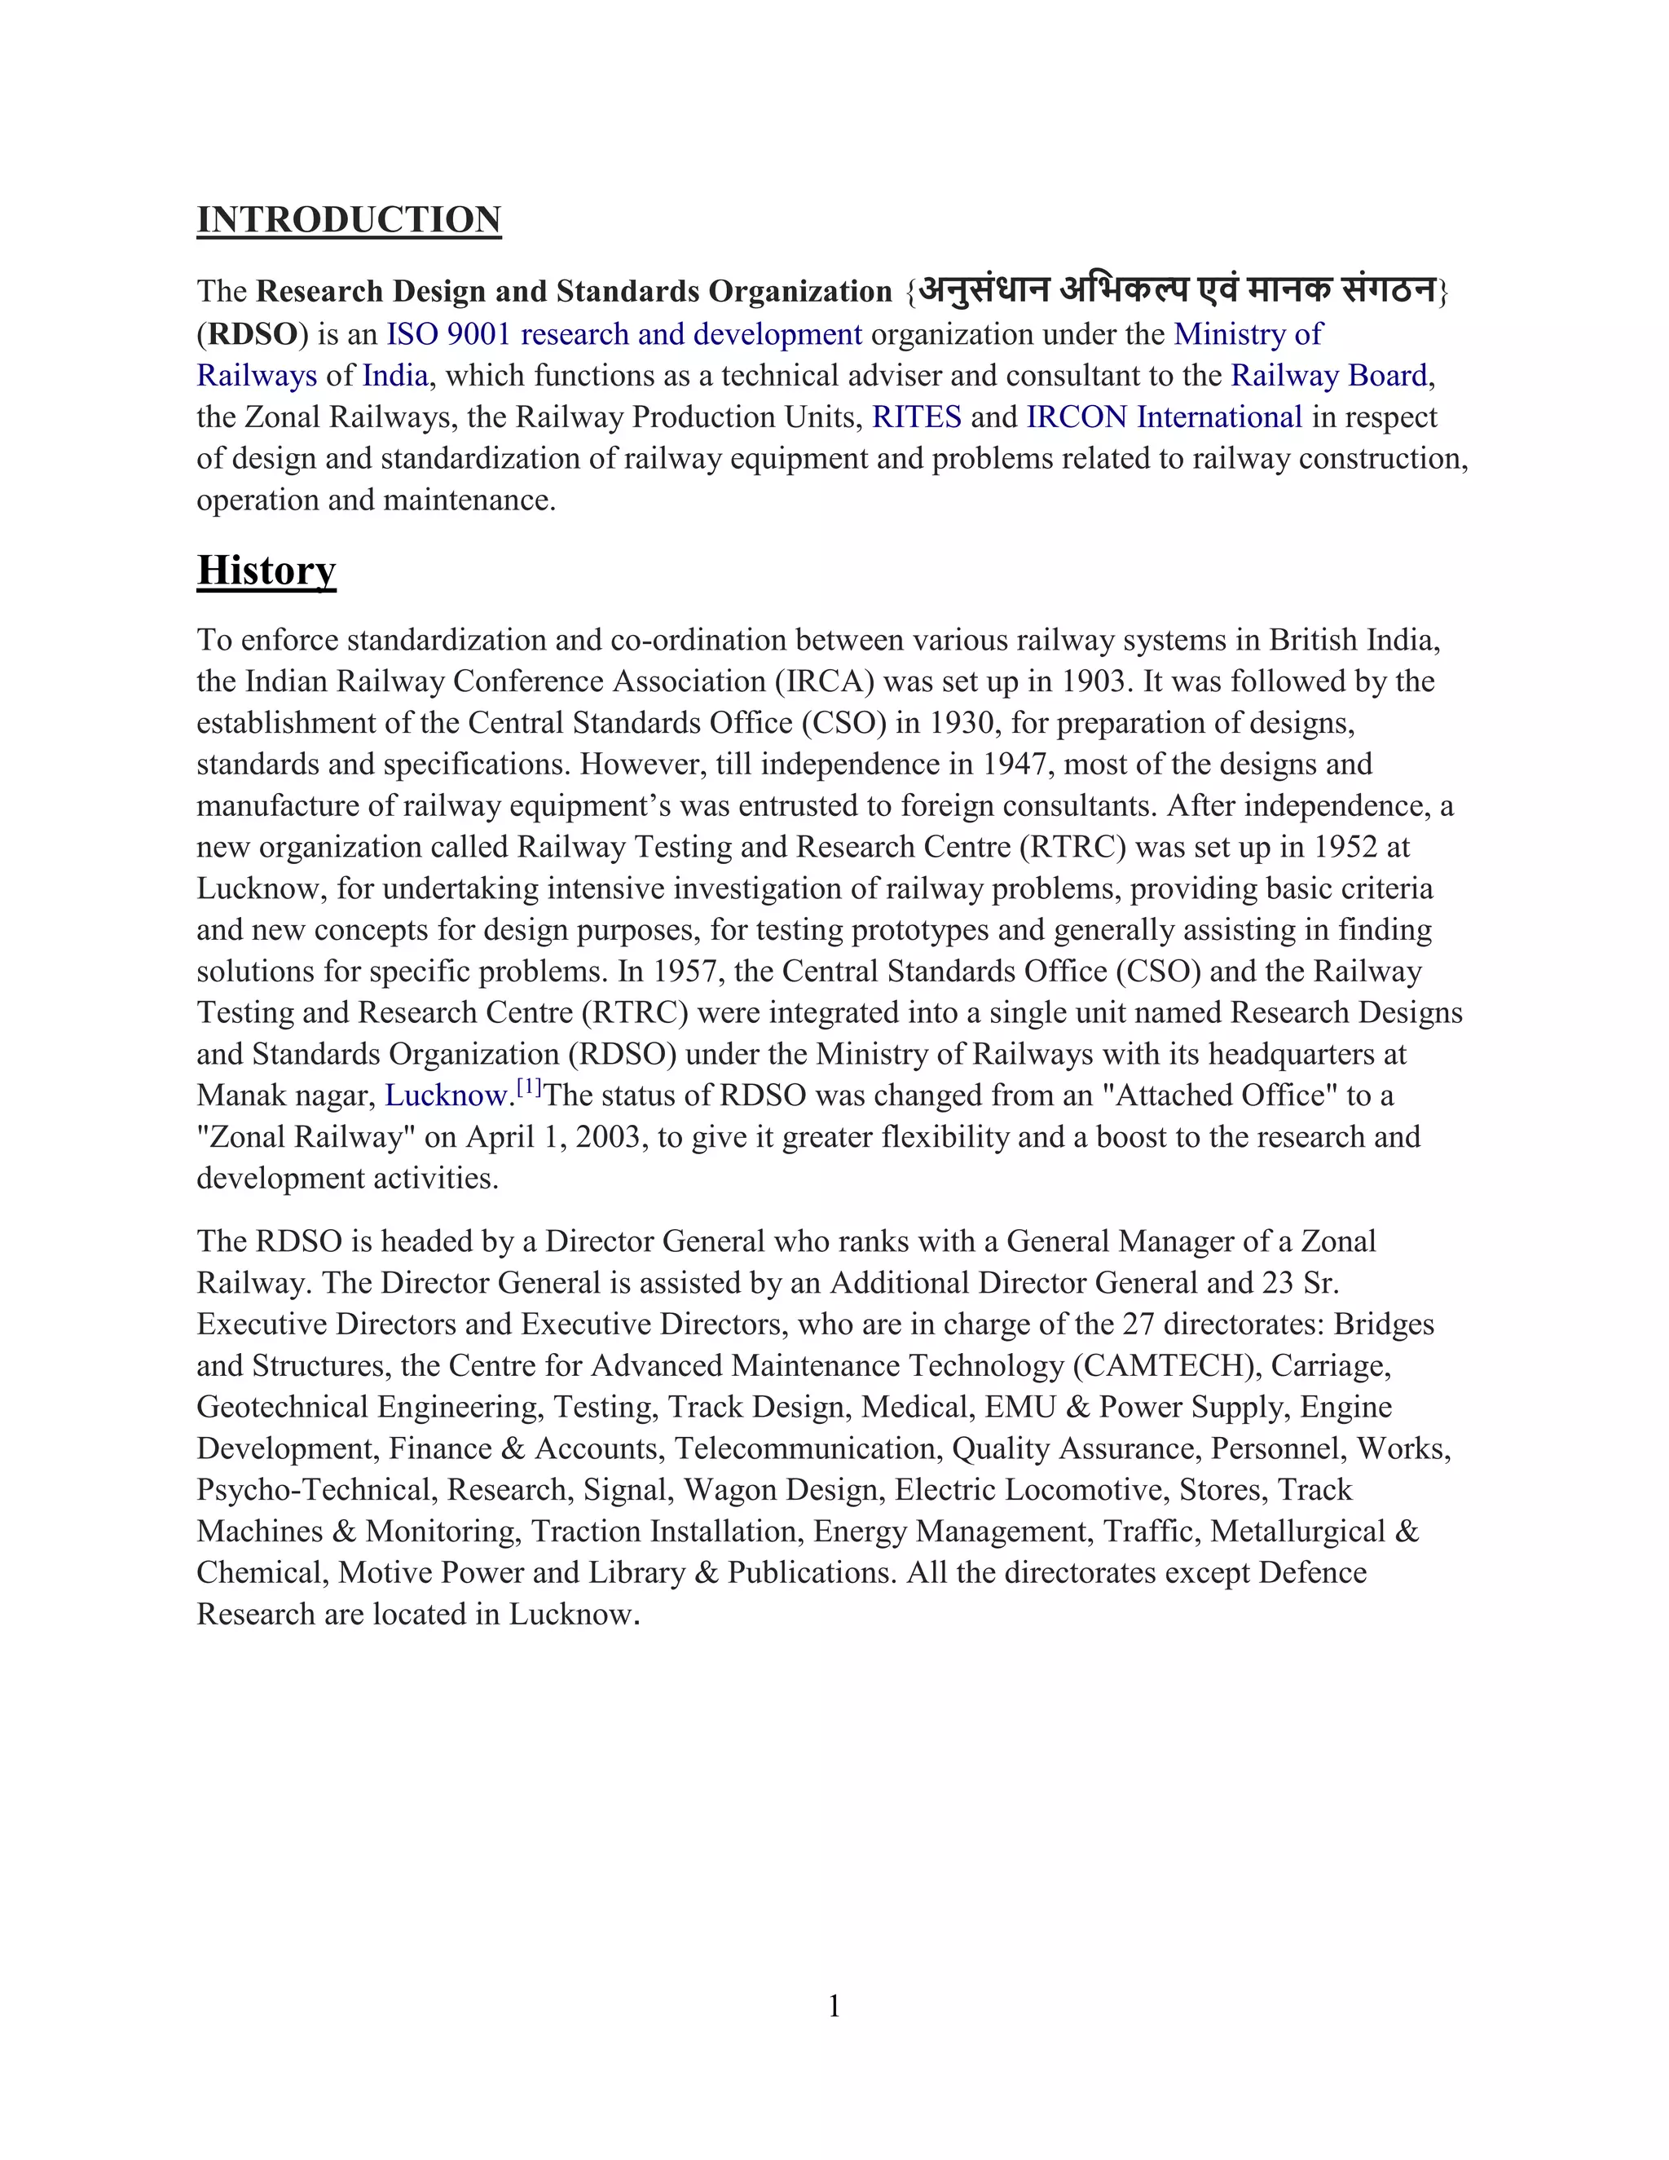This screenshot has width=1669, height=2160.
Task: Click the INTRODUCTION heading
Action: coord(348,219)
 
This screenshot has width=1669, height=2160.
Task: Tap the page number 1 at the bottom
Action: coord(834,2006)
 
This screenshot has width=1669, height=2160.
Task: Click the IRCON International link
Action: coord(1164,417)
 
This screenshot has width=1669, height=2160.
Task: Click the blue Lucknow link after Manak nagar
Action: coord(445,1095)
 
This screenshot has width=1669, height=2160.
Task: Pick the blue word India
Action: coord(394,376)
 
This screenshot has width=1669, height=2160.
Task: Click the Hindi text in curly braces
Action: coord(1176,291)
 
